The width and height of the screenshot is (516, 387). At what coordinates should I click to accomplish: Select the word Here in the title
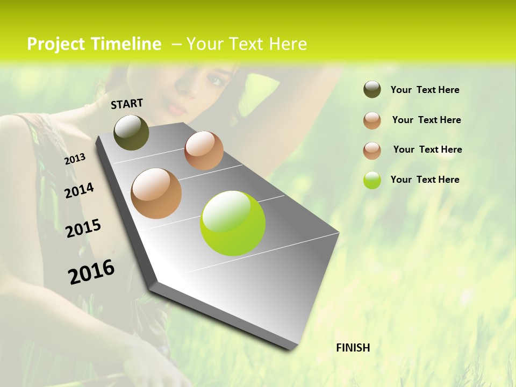(x=288, y=44)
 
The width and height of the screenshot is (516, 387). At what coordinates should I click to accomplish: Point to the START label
(x=127, y=104)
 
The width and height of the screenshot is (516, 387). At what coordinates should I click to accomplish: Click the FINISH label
(x=353, y=348)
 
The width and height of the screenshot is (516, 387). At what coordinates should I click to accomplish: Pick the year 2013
(x=75, y=159)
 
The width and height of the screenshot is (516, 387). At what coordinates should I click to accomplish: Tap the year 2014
(x=79, y=190)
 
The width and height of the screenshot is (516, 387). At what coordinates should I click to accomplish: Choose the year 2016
(x=91, y=272)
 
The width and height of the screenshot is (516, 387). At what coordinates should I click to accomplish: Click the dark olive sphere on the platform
(x=131, y=132)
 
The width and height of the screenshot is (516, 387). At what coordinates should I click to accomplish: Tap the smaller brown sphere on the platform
(x=204, y=150)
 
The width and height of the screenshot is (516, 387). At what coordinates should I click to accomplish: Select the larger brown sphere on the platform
(x=156, y=193)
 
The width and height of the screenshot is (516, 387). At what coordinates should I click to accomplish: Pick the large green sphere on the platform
(x=233, y=223)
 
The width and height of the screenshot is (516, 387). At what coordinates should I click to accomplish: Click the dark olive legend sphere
(x=372, y=90)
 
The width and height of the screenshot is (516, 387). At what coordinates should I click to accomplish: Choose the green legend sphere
(x=372, y=180)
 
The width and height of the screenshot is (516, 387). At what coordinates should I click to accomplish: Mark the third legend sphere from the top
(x=372, y=150)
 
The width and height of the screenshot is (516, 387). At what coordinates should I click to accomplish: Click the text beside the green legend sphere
(x=425, y=180)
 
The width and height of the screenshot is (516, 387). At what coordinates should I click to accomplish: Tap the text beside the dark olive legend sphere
(x=425, y=90)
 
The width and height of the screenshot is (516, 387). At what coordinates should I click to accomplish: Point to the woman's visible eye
(x=216, y=81)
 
